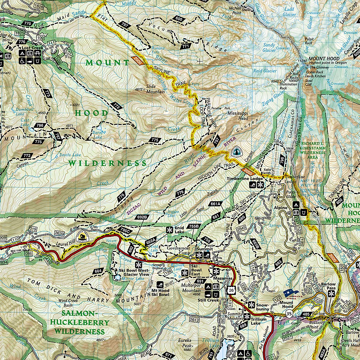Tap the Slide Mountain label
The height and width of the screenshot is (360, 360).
[x=156, y=89]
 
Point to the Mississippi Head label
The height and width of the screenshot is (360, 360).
[x=238, y=116]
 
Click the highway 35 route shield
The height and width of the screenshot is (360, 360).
[x=289, y=313]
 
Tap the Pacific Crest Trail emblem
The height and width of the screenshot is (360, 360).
[x=236, y=152]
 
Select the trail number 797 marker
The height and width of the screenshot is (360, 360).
[x=125, y=25]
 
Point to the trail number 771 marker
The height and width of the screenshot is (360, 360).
[x=185, y=46]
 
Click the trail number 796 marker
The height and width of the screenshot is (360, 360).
[x=41, y=125]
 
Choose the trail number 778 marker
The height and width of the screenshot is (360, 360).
[x=121, y=197]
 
